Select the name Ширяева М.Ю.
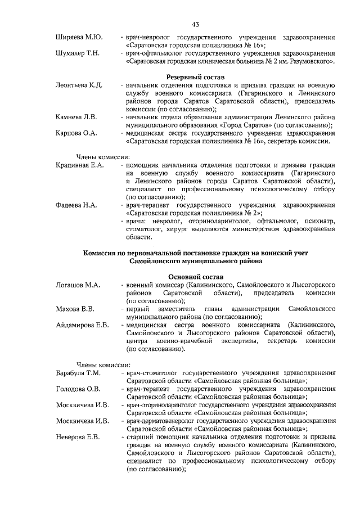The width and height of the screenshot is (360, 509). (x=79, y=37)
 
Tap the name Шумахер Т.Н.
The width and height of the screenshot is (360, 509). (x=78, y=53)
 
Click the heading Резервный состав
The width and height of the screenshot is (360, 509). (x=195, y=76)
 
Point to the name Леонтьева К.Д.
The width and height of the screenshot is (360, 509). (x=79, y=85)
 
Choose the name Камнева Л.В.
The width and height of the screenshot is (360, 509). (x=76, y=116)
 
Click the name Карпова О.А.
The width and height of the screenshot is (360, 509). (x=76, y=133)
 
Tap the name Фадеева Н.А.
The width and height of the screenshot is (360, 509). (x=76, y=205)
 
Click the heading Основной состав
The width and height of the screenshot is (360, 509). (x=195, y=277)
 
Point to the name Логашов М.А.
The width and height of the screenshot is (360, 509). (x=78, y=285)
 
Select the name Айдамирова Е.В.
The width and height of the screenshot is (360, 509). (x=83, y=325)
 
